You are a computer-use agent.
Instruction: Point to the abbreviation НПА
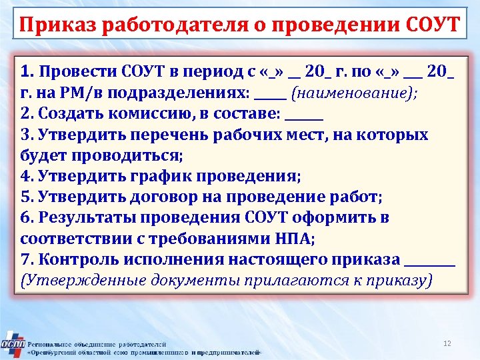click(291, 239)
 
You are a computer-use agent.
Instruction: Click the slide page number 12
click(447, 343)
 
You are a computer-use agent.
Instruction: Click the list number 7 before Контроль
click(25, 259)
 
